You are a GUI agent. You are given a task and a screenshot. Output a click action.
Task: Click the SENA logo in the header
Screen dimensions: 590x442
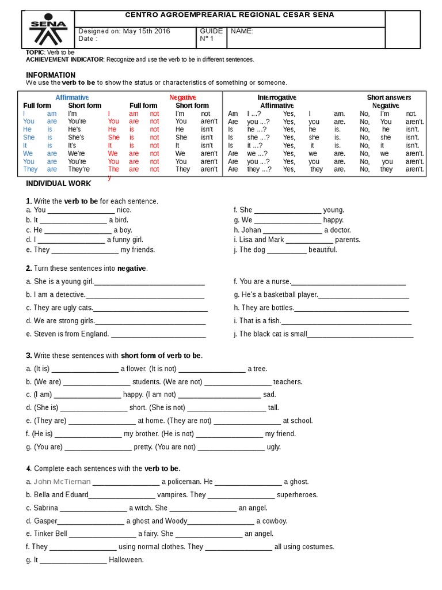(48, 29)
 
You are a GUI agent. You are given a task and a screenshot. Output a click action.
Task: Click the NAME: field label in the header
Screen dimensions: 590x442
(242, 31)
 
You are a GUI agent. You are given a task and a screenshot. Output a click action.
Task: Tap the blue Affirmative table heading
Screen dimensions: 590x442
(72, 97)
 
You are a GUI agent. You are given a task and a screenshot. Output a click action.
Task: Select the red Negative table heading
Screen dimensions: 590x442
(182, 97)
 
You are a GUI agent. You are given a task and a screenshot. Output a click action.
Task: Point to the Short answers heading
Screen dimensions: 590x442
(389, 97)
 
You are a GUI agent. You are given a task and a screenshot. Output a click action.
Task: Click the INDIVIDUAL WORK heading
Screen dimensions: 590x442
(59, 183)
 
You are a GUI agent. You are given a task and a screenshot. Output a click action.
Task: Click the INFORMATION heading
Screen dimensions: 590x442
(51, 75)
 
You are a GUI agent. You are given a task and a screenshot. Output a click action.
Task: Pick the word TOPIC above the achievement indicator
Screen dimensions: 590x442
(35, 52)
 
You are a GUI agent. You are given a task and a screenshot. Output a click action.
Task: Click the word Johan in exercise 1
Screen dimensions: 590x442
(251, 230)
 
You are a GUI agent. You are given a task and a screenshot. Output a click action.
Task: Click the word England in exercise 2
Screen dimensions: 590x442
(94, 334)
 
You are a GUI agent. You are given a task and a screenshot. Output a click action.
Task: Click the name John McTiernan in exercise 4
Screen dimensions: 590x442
(62, 482)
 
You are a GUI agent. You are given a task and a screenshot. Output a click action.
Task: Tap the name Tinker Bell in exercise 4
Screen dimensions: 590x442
(51, 534)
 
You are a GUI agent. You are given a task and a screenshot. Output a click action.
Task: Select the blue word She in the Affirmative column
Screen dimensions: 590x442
(29, 138)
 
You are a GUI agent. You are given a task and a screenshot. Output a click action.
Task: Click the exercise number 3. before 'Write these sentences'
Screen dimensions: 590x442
(29, 355)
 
